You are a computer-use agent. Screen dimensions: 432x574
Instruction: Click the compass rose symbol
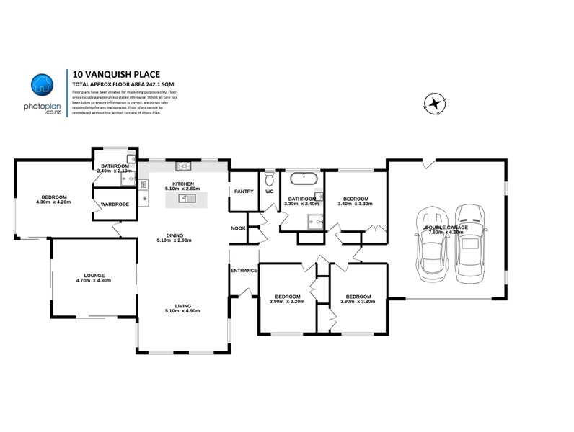[435, 104]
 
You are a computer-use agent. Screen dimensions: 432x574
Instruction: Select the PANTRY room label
[243, 192]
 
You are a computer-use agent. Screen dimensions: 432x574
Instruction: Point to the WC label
[269, 192]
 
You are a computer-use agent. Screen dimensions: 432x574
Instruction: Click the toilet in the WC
[269, 176]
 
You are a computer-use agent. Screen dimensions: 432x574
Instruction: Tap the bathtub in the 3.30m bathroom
[302, 178]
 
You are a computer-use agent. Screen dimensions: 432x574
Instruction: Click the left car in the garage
[433, 240]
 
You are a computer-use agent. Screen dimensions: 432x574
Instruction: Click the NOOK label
[238, 228]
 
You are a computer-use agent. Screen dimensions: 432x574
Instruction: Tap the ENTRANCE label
[244, 270]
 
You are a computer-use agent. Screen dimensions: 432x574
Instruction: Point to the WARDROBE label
[115, 204]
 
